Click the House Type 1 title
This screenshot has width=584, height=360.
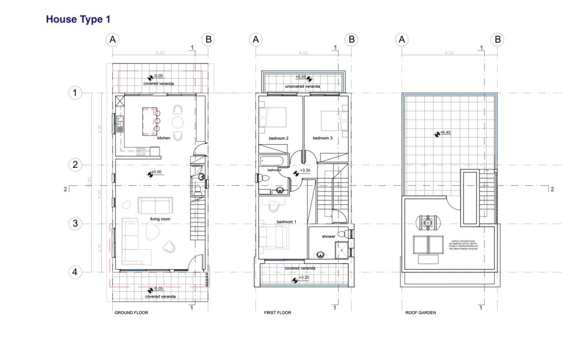pyautogui.click(x=78, y=20)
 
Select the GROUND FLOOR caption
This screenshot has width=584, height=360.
pyautogui.click(x=131, y=313)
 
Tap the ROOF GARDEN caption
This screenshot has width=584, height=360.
pyautogui.click(x=421, y=313)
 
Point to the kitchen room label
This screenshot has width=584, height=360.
pyautogui.click(x=164, y=137)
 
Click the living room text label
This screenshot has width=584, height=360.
pyautogui.click(x=160, y=219)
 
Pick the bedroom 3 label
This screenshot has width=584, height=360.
pyautogui.click(x=323, y=138)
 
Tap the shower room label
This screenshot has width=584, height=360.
pyautogui.click(x=328, y=236)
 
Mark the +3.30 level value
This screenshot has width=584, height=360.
pyautogui.click(x=305, y=171)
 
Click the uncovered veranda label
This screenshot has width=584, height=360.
pyautogui.click(x=302, y=86)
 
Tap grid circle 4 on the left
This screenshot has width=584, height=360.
pyautogui.click(x=75, y=272)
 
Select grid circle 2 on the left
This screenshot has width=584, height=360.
pyautogui.click(x=75, y=165)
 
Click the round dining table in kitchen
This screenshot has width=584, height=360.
pyautogui.click(x=178, y=122)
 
